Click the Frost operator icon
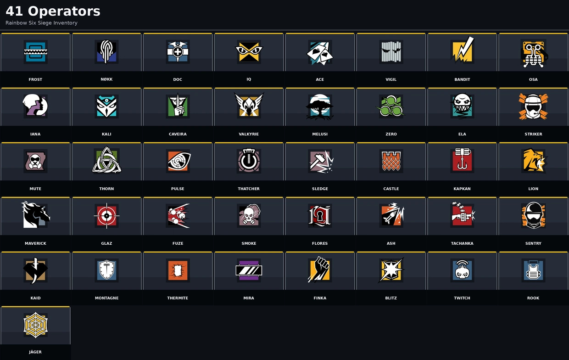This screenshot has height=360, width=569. [35, 52]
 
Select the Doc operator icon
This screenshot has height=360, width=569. [178, 52]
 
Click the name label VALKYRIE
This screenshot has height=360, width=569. [249, 134]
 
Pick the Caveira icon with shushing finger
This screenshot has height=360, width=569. [178, 106]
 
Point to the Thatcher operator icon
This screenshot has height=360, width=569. [249, 161]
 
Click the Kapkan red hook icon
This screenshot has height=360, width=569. [462, 160]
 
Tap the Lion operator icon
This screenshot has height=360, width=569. [533, 161]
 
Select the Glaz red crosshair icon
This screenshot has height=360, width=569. [106, 216]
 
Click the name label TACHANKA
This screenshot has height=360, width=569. [462, 243]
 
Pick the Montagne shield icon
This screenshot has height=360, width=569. [106, 270]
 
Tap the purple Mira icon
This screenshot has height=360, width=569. [249, 270]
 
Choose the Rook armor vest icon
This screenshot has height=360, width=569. [533, 270]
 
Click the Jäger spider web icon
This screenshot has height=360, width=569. [35, 325]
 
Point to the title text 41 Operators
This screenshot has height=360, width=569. [53, 11]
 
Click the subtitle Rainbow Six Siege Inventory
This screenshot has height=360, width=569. [41, 23]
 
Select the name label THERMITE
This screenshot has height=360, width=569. [178, 298]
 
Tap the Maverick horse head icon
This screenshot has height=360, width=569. [35, 215]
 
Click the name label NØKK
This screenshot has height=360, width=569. [106, 79]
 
